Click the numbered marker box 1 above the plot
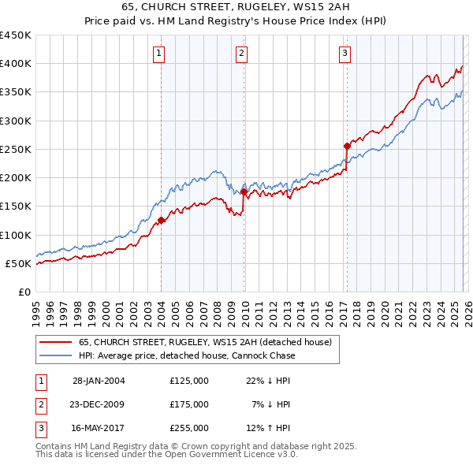(159, 54)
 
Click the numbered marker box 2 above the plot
(241, 54)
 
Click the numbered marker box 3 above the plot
(345, 54)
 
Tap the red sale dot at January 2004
(161, 221)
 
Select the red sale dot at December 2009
(244, 192)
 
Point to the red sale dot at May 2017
(347, 146)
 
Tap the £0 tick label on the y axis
(24, 292)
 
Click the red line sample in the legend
(55, 342)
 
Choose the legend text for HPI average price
(187, 355)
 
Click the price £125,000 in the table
(189, 381)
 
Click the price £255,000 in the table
(189, 428)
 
